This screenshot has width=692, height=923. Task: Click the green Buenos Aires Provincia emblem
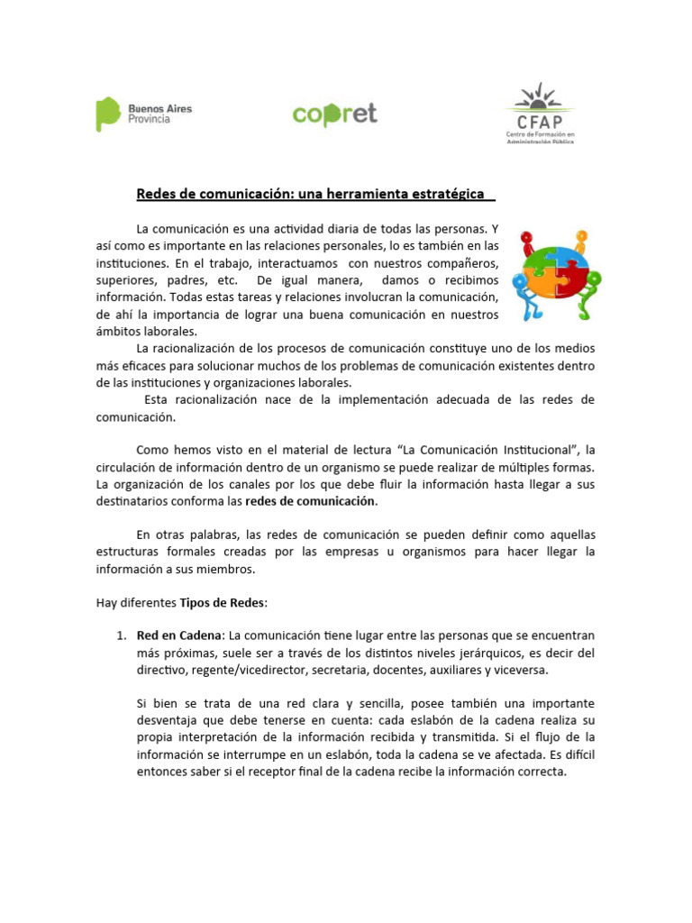coord(108,114)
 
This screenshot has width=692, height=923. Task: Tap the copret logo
coord(334,114)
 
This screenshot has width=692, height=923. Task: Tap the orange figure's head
coord(581,236)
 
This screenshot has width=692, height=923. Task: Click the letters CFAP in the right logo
coord(539,122)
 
